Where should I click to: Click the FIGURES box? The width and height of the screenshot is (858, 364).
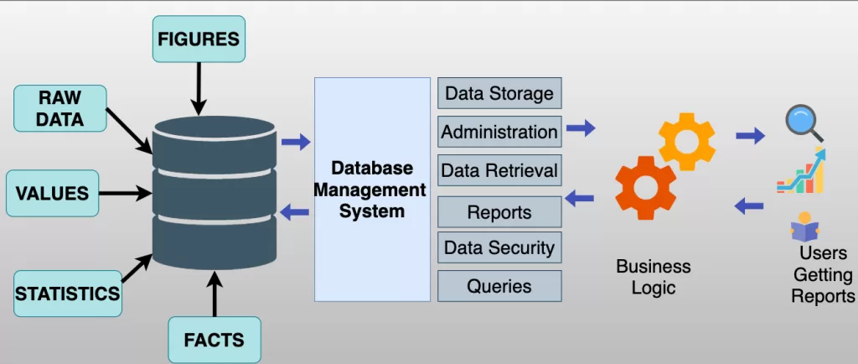pyautogui.click(x=199, y=39)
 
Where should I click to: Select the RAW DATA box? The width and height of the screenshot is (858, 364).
pyautogui.click(x=60, y=108)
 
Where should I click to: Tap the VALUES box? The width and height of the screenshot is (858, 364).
pyautogui.click(x=52, y=194)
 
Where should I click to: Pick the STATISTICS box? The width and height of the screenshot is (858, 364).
pyautogui.click(x=67, y=294)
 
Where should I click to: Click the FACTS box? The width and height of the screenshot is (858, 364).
pyautogui.click(x=214, y=340)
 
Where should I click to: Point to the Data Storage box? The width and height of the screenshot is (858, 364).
pyautogui.click(x=499, y=93)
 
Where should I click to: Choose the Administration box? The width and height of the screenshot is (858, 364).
pyautogui.click(x=499, y=132)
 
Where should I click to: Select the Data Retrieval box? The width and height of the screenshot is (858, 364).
pyautogui.click(x=499, y=171)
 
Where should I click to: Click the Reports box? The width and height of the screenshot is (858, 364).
pyautogui.click(x=499, y=212)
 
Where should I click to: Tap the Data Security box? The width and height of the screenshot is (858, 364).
pyautogui.click(x=499, y=248)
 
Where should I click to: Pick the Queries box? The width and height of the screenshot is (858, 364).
pyautogui.click(x=499, y=286)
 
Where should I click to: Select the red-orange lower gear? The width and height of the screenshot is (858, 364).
pyautogui.click(x=646, y=188)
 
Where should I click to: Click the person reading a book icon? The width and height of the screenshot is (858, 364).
pyautogui.click(x=804, y=227)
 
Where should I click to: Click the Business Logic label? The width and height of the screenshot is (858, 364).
pyautogui.click(x=654, y=277)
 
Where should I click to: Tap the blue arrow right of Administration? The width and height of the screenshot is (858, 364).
pyautogui.click(x=581, y=128)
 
